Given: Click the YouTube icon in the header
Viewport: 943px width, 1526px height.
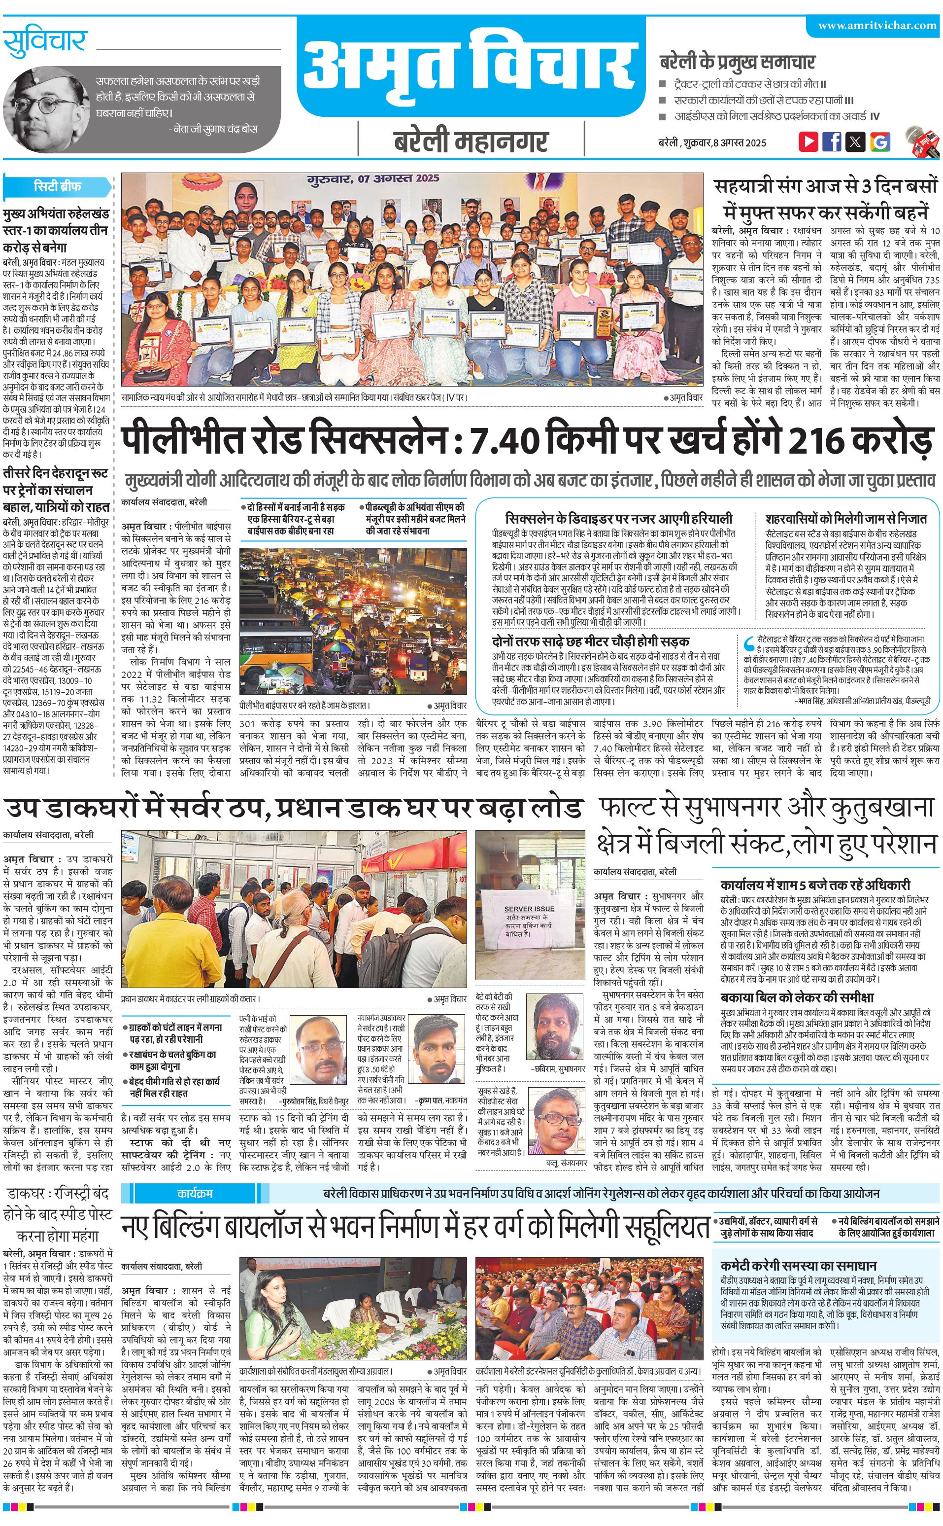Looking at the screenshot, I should point(808,142).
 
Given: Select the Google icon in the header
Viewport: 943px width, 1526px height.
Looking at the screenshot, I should point(880,142).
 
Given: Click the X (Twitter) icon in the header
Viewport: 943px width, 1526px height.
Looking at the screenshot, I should point(856,142).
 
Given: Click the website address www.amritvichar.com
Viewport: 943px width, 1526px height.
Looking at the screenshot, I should point(877,26).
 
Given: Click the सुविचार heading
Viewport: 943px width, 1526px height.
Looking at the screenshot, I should point(45,42).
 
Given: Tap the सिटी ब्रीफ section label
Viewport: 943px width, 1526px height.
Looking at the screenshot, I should point(57,186).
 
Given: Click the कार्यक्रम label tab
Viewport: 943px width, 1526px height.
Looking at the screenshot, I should point(195,1193).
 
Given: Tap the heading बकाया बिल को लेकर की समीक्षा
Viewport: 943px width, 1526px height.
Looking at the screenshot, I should point(797,997).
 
